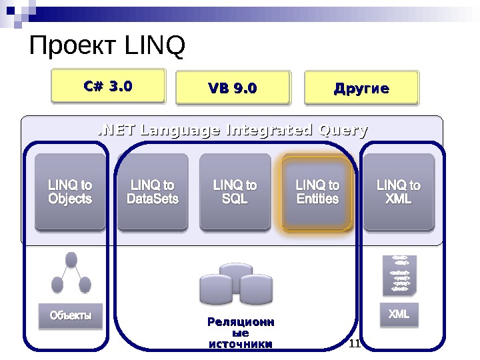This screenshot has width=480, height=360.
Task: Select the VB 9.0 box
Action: [233, 89]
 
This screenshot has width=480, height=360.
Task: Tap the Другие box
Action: [361, 89]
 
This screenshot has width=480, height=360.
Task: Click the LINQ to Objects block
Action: [70, 192]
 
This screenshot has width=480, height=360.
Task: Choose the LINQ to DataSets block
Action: [153, 192]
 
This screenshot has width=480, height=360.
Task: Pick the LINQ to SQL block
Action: [235, 192]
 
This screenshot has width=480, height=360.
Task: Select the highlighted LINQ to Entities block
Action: [317, 192]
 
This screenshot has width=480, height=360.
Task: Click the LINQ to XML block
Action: [399, 192]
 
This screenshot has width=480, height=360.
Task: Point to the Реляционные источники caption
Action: [241, 333]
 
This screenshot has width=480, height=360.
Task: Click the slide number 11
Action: [355, 343]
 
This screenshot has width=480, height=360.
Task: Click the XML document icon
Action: [399, 274]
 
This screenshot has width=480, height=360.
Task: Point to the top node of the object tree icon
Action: [71, 260]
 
